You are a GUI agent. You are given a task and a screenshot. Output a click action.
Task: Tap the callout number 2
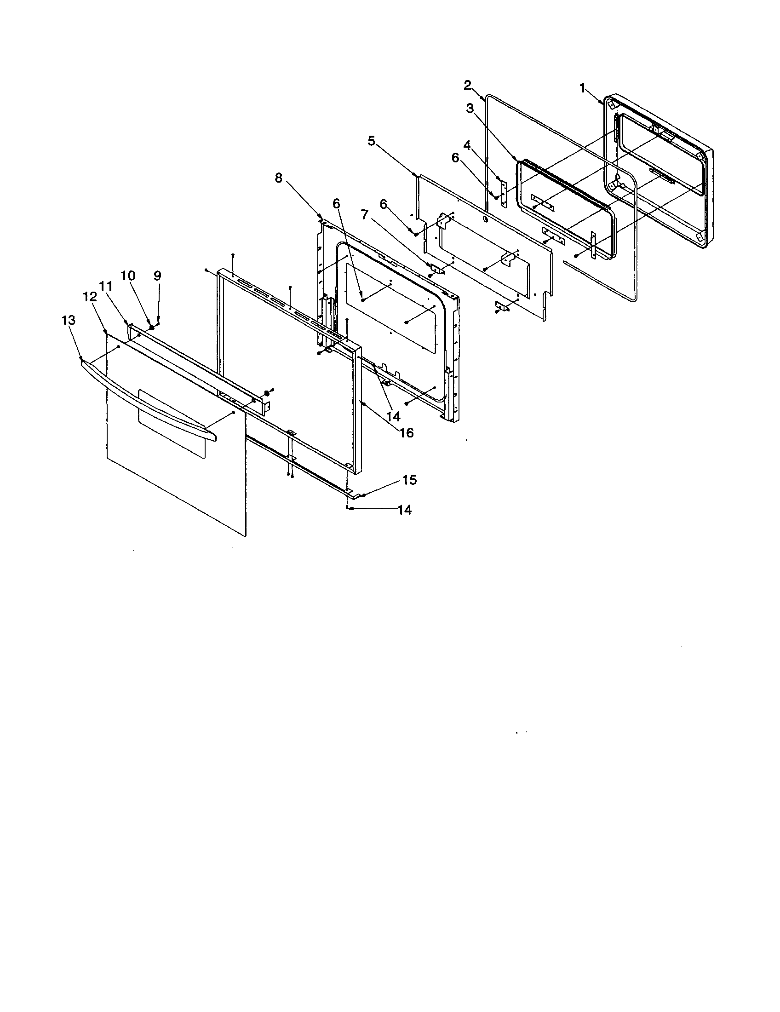468,85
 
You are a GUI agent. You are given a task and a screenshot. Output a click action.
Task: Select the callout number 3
470,109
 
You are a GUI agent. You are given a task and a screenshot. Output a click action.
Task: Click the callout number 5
371,141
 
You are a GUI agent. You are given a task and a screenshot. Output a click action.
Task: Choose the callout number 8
278,178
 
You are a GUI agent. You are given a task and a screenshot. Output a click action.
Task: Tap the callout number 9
157,276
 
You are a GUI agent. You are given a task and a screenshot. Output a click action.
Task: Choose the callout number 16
407,433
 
